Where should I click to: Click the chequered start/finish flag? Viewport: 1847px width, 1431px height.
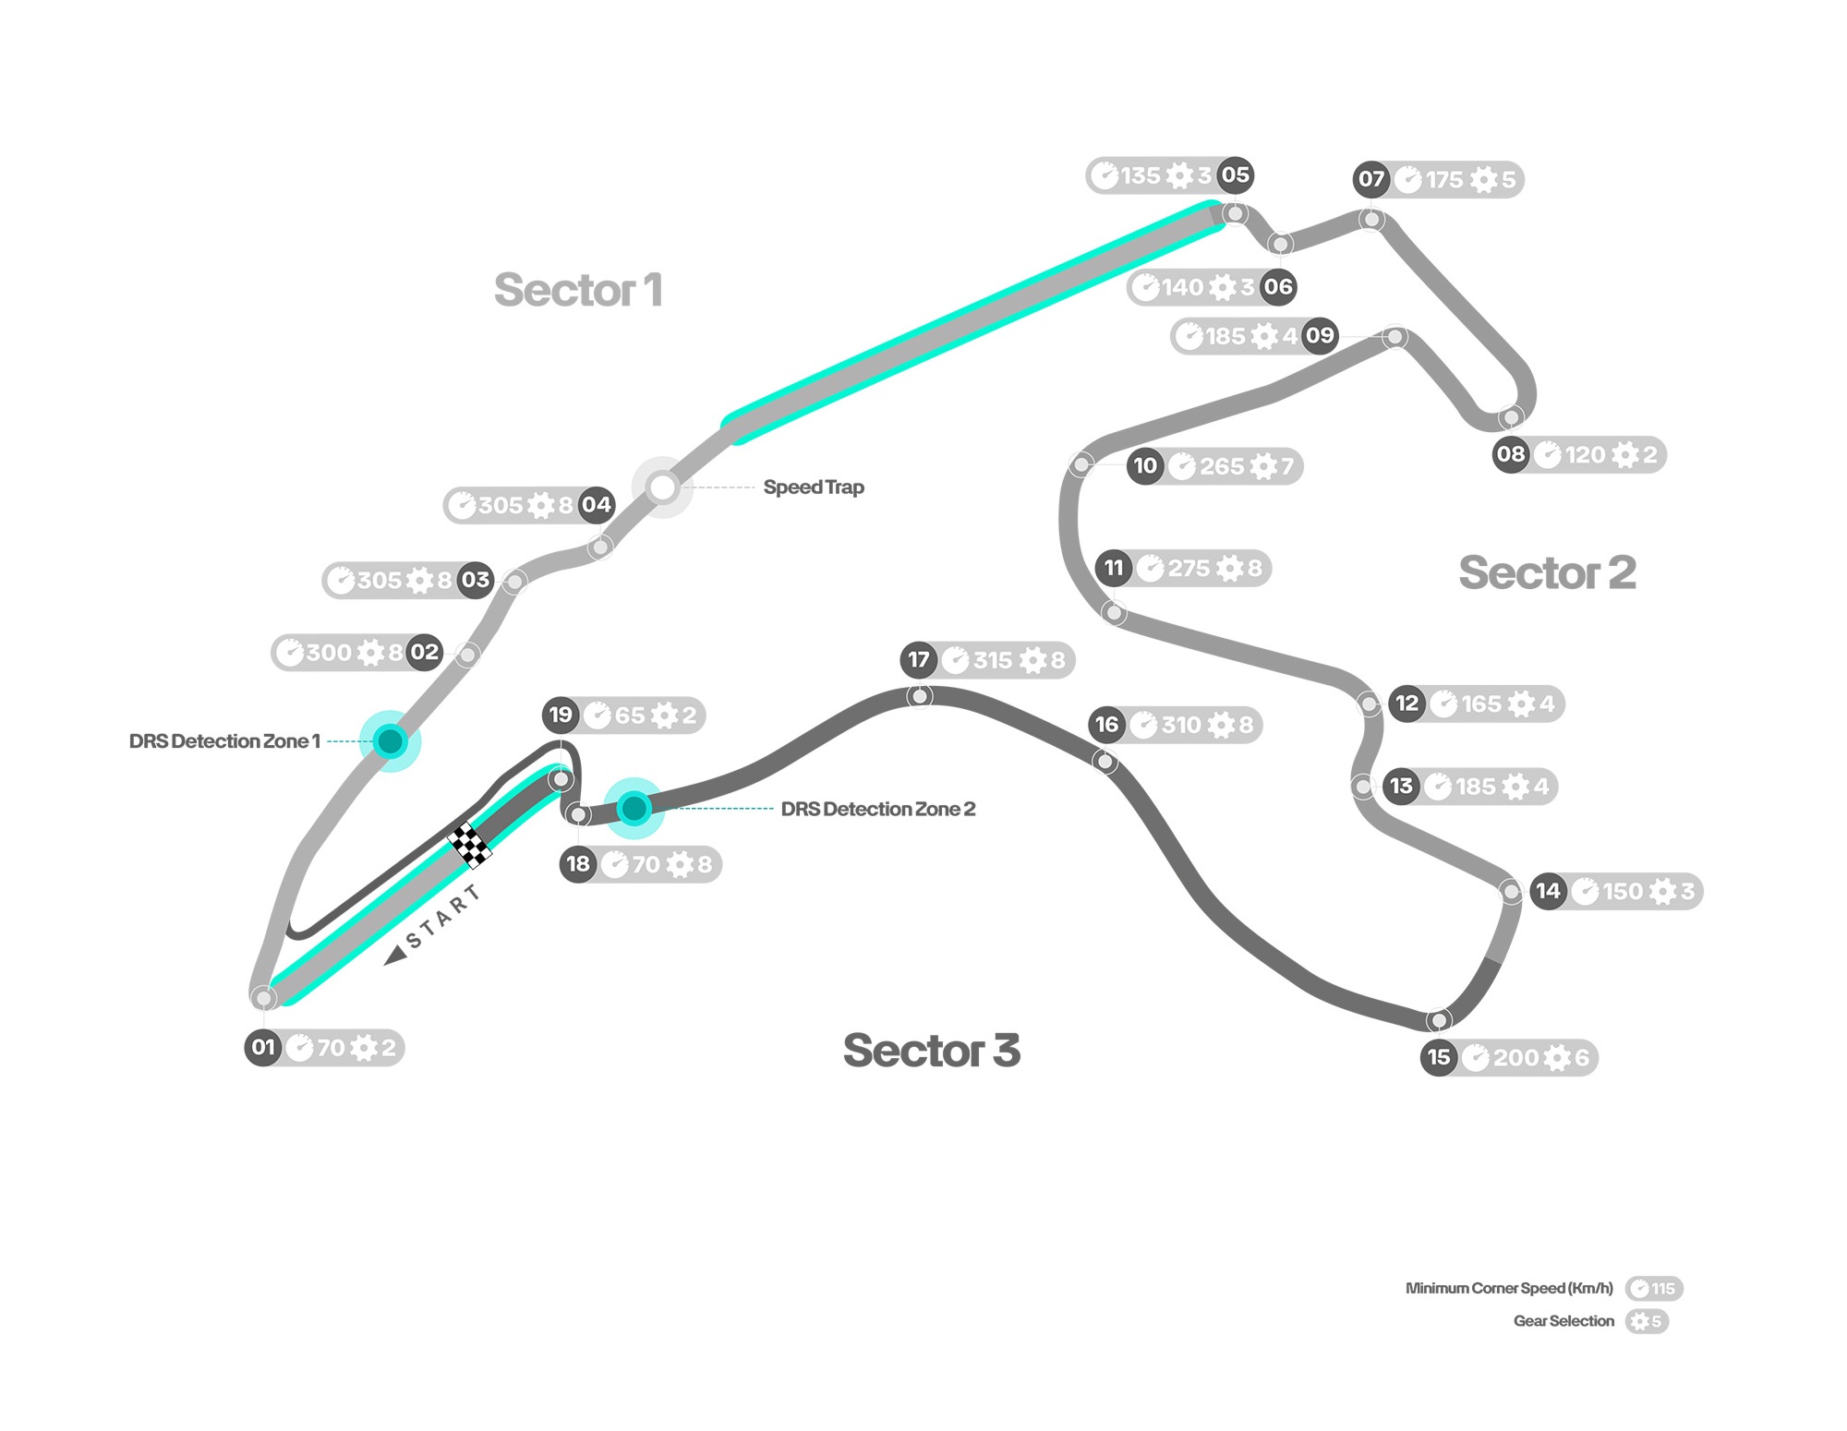[x=469, y=845]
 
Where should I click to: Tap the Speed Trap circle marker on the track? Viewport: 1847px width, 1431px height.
[x=662, y=487]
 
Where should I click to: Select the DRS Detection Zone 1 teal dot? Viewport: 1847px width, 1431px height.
[x=391, y=740]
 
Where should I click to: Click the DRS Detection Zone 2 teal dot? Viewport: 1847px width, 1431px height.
[x=634, y=809]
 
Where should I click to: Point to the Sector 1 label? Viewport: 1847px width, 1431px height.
[x=578, y=290]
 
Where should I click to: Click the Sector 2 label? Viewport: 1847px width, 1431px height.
[x=1547, y=572]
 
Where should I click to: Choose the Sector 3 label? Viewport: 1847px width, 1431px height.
[x=932, y=1050]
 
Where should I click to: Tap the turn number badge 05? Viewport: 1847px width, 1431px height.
[x=1235, y=174]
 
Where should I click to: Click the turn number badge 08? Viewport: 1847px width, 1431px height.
[x=1511, y=454]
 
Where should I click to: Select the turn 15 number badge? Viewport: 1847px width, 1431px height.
[x=1439, y=1057]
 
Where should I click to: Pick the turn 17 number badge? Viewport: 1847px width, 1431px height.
[x=918, y=660]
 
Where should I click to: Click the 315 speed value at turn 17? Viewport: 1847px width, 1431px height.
[x=993, y=660]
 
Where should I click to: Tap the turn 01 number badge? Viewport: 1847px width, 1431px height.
[x=263, y=1048]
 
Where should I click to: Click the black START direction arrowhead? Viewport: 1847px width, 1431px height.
[x=396, y=955]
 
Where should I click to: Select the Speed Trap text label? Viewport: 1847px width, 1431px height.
[x=814, y=487]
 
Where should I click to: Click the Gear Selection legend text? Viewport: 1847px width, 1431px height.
[x=1563, y=1321]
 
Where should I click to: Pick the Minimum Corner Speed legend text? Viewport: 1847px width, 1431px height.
[x=1509, y=1288]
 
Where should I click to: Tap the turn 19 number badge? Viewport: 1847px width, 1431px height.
[x=561, y=715]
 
